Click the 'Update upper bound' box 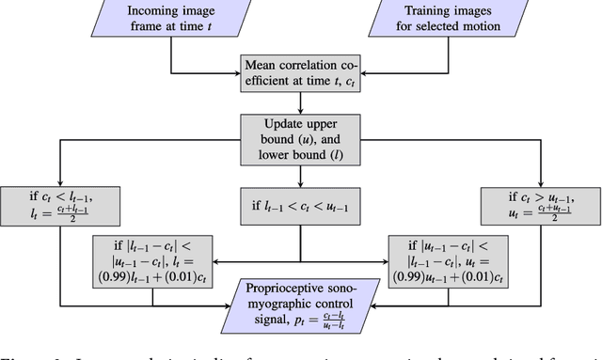300,138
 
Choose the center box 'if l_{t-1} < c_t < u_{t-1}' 300,206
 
